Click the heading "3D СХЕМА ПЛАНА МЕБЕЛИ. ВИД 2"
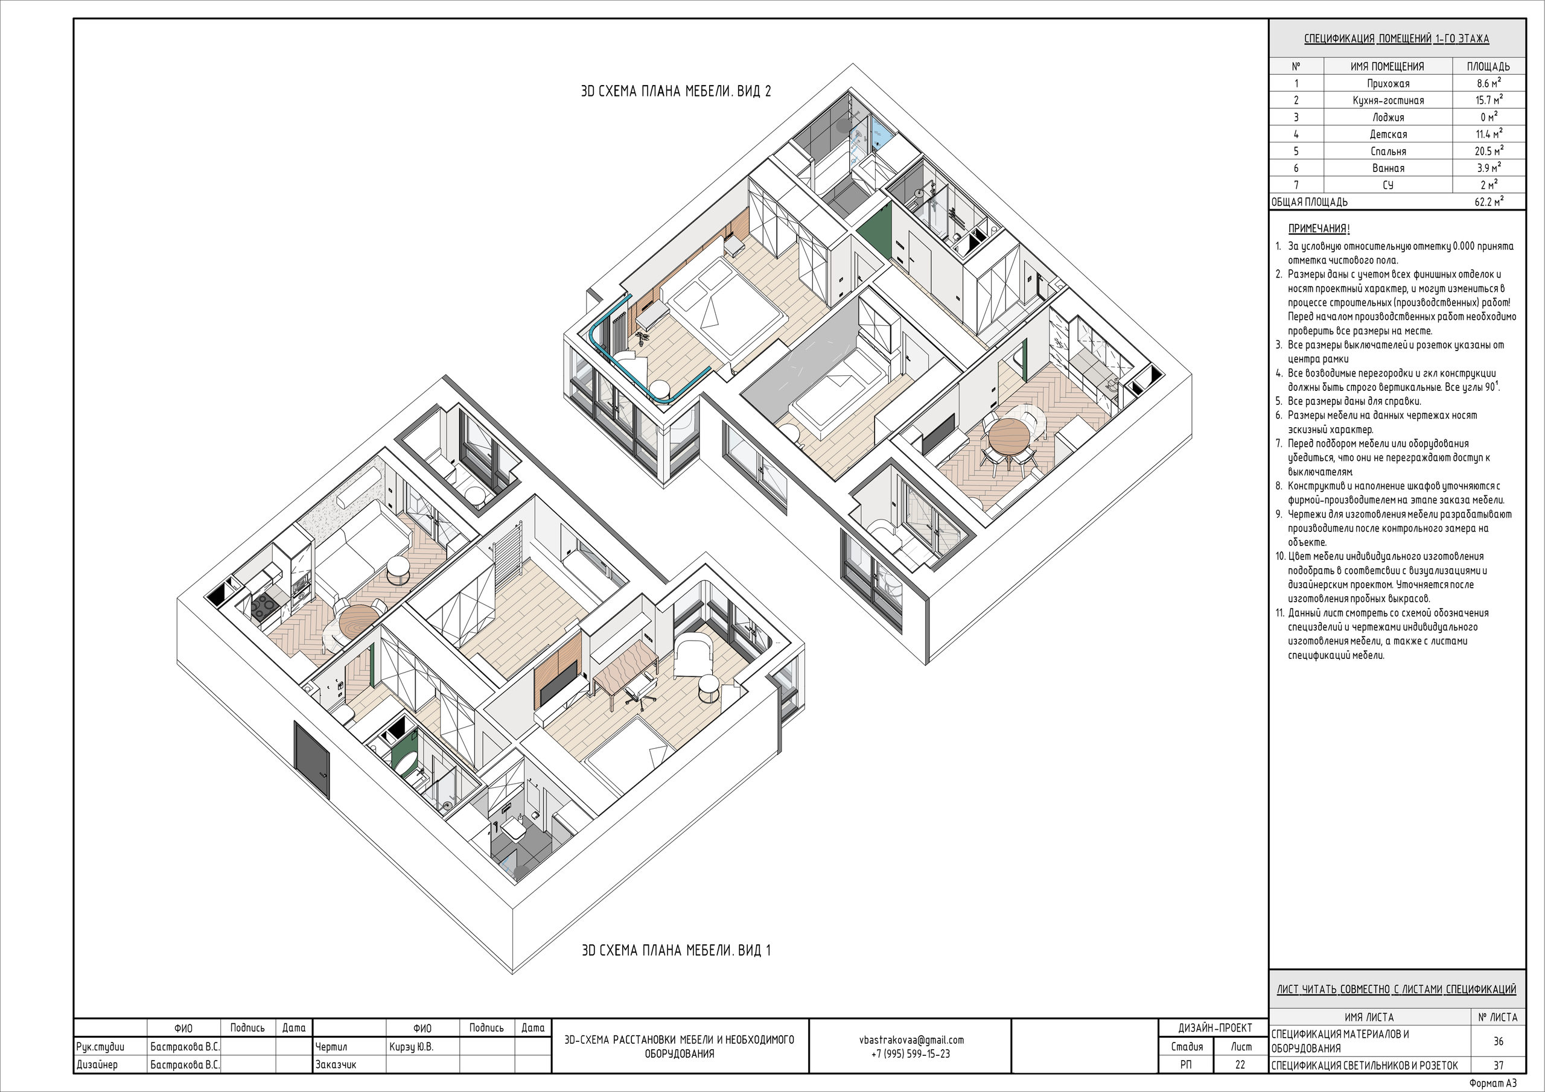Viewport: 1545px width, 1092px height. point(675,92)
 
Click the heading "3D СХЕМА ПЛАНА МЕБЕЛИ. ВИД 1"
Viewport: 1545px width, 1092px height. point(675,950)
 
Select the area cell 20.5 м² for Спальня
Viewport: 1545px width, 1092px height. point(1488,151)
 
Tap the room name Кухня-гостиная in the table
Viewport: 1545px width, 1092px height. point(1387,101)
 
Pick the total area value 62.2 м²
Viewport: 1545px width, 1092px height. point(1488,201)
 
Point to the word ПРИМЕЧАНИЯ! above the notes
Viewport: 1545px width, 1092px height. point(1319,229)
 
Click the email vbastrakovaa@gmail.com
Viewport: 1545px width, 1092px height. point(911,1040)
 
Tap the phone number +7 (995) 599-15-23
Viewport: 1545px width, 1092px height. point(911,1053)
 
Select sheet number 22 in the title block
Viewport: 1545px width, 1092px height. point(1240,1064)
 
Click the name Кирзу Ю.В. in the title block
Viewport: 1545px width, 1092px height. point(411,1047)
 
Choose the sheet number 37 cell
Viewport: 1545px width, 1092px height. point(1498,1065)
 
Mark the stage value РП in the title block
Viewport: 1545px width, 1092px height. point(1187,1064)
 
